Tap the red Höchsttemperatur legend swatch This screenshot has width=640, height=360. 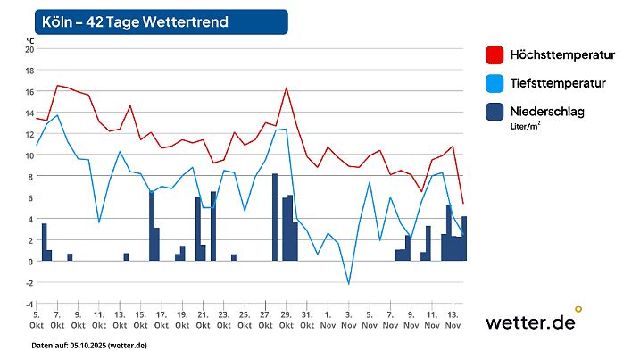(494, 55)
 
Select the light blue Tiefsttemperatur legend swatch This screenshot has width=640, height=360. (494, 83)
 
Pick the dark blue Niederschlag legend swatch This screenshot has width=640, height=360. (494, 112)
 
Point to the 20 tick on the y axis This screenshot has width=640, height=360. (28, 49)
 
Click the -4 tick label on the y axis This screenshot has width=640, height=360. (28, 304)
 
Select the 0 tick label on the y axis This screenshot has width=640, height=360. (29, 262)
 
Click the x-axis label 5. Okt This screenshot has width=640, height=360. (37, 320)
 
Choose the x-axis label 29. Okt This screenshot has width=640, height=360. (286, 320)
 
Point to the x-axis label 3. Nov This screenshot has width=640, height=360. (348, 320)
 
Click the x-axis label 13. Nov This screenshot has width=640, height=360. (453, 320)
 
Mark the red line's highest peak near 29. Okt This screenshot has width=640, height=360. (286, 88)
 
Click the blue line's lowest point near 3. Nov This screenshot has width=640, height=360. (349, 284)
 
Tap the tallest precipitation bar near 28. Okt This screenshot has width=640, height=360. (275, 217)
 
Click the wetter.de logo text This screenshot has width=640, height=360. (530, 322)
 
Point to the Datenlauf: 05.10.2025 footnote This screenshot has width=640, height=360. (89, 345)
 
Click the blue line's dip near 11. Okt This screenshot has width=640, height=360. (99, 222)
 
